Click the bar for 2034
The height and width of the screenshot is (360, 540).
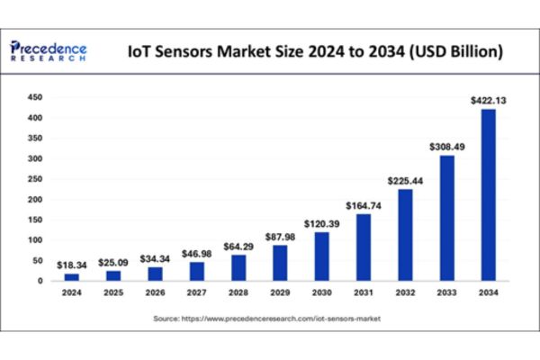pos(488,195)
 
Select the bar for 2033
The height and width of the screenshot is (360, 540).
pos(446,219)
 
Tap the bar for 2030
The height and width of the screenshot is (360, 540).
pos(321,256)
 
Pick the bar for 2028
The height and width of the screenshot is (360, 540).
pos(238,267)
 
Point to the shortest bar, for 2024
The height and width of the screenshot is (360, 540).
pos(72,277)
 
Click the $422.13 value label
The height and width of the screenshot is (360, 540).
pos(489,101)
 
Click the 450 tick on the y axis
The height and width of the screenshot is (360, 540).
pos(36,96)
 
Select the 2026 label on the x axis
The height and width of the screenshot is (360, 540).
pos(156,292)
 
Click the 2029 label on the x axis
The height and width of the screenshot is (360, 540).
pos(280,292)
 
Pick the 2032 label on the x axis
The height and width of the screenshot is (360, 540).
pos(405,292)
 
